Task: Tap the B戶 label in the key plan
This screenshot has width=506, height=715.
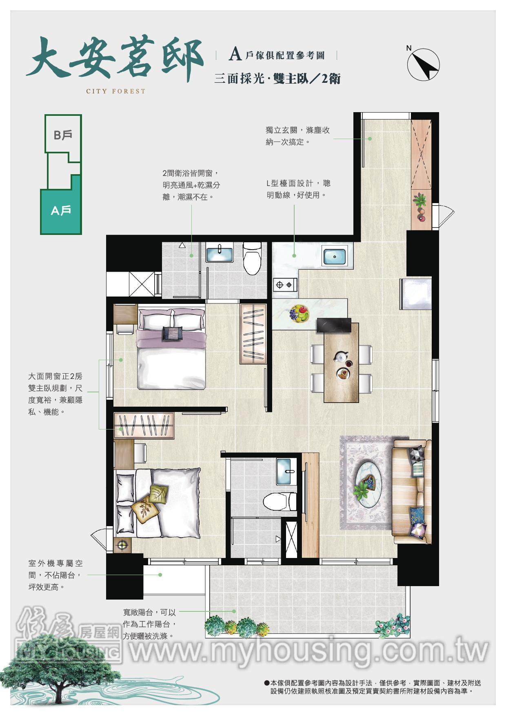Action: click(63, 135)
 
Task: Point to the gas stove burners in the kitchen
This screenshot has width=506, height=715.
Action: click(285, 284)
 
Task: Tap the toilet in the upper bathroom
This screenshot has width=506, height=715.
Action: click(251, 259)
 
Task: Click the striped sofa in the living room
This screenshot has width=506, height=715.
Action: click(411, 491)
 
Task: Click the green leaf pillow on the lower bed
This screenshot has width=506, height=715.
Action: click(159, 494)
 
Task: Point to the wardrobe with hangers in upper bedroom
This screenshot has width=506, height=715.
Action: click(253, 334)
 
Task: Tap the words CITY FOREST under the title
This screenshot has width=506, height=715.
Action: click(115, 91)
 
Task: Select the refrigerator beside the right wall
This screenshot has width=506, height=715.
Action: click(415, 294)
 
